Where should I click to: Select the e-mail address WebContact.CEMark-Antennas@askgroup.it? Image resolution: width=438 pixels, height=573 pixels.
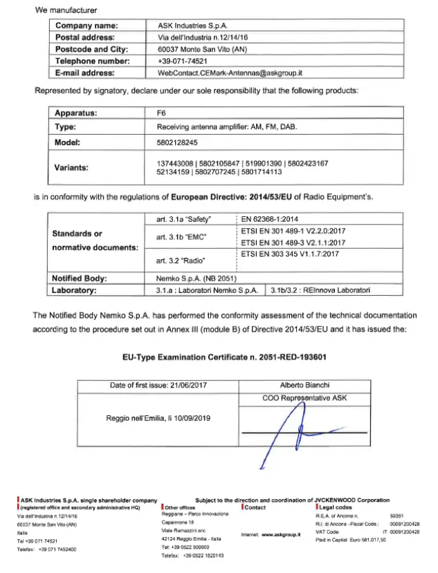click(231, 72)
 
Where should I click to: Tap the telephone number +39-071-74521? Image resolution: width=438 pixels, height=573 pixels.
click(183, 61)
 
